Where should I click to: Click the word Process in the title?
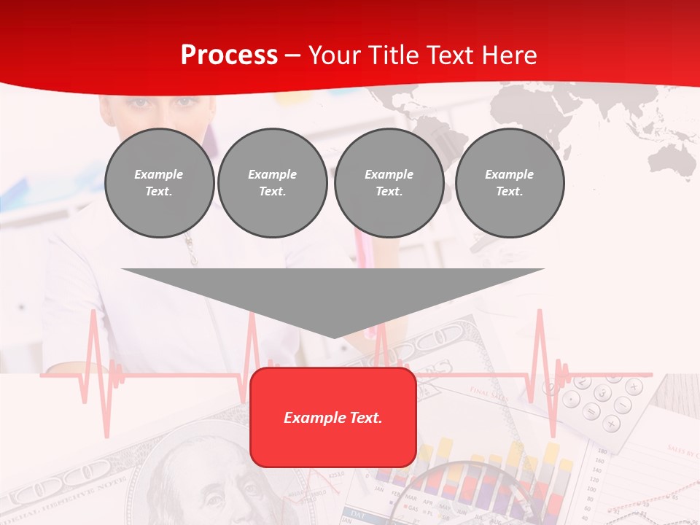coord(229,55)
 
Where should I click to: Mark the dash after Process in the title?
coord(292,56)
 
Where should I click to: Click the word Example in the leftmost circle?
coord(159,174)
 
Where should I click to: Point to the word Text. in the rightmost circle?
coord(510,191)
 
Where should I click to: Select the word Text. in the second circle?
coord(273,191)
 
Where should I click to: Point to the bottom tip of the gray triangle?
coord(334,336)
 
